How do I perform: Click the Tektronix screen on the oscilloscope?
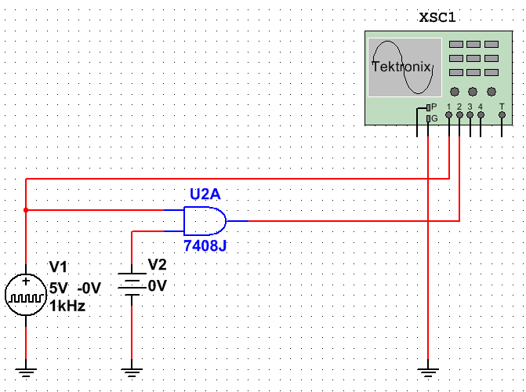pos(401,67)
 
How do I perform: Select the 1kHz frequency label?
pos(67,306)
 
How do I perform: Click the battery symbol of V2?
pos(132,281)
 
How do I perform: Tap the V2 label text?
pos(158,264)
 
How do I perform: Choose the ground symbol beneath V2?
pos(132,369)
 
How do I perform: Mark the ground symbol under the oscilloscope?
pos(428,369)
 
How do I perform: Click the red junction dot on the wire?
pos(26,210)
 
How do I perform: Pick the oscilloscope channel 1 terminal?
pos(448,114)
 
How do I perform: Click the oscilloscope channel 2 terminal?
pos(459,114)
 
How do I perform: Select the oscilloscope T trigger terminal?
pos(502,114)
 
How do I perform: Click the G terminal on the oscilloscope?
pos(428,119)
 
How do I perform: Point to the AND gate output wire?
pos(353,221)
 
